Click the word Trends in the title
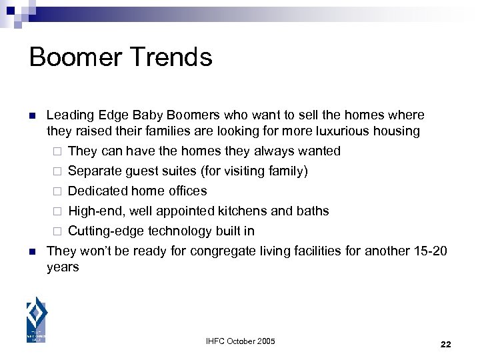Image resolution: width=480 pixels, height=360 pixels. pyautogui.click(x=175, y=57)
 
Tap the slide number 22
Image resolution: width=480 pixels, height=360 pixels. pyautogui.click(x=446, y=344)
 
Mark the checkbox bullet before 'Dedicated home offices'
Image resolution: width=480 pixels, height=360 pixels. pyautogui.click(x=57, y=191)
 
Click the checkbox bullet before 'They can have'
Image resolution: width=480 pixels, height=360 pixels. pyautogui.click(x=57, y=151)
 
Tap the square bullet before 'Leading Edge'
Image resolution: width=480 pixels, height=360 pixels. pyautogui.click(x=31, y=115)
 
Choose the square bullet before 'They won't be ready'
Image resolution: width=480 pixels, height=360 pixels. pyautogui.click(x=31, y=251)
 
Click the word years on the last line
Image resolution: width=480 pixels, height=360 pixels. pyautogui.click(x=63, y=267)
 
